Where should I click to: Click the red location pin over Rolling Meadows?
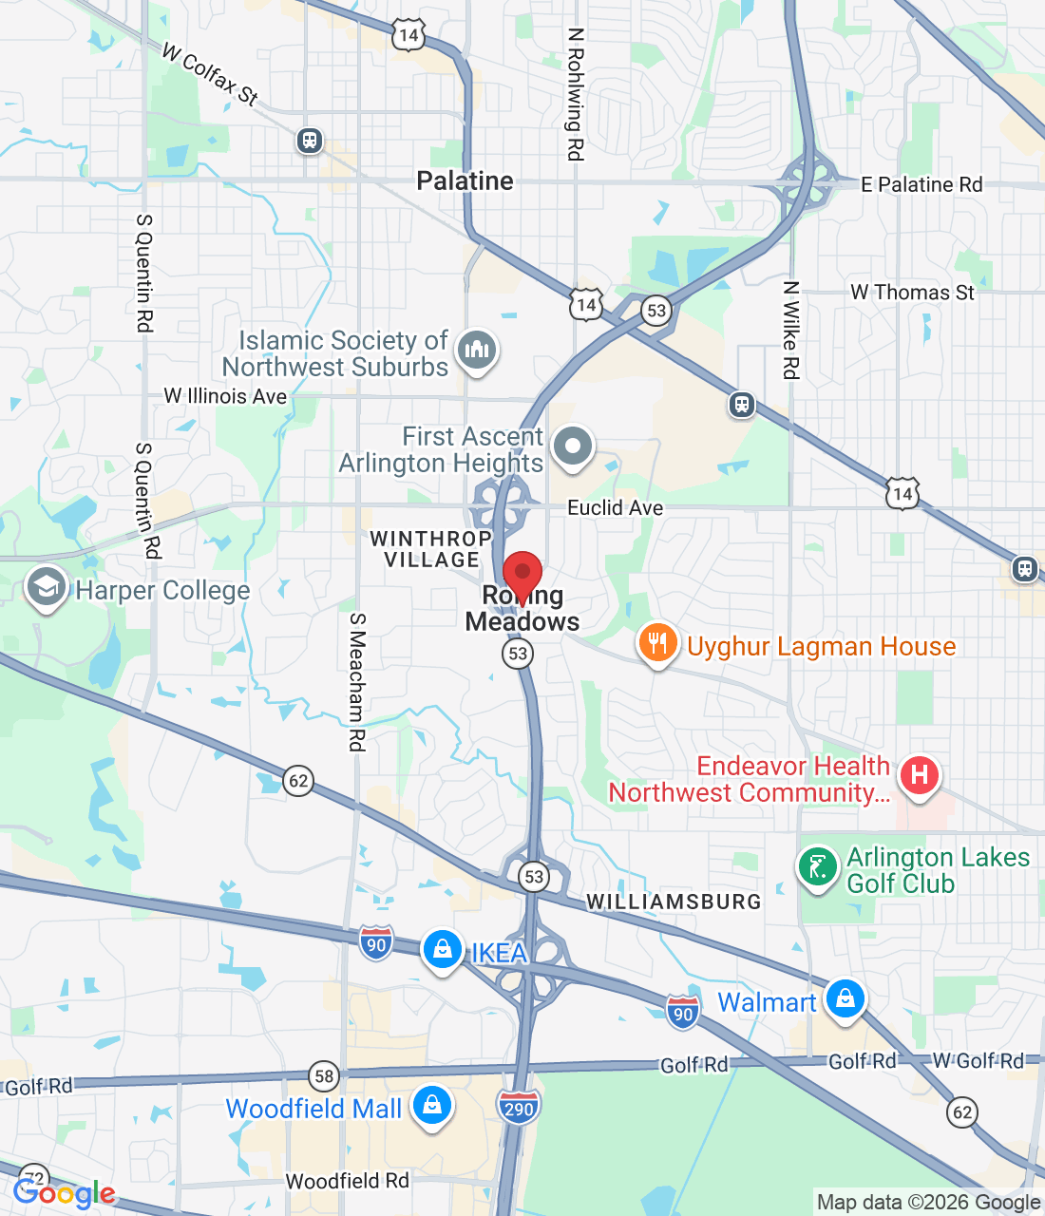tap(522, 576)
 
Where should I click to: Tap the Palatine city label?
tap(465, 180)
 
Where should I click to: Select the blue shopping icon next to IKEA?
tap(442, 949)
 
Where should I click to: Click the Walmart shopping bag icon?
tap(845, 998)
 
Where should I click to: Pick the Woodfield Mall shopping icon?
tap(432, 1106)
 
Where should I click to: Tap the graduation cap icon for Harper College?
tap(46, 588)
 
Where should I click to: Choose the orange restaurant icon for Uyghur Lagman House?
tap(656, 643)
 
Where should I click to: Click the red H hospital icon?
tap(919, 774)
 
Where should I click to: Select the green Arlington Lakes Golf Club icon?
tap(817, 866)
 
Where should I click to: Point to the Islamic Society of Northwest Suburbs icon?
tap(477, 350)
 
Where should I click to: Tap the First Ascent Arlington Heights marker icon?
tap(572, 446)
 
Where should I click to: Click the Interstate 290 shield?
tap(518, 1107)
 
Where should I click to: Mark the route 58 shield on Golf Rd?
tap(325, 1076)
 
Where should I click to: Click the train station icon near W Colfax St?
tap(309, 141)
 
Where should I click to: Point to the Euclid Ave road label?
tap(615, 507)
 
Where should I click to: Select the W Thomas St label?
tap(912, 293)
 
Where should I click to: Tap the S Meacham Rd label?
tap(357, 681)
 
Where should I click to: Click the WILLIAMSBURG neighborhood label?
tap(674, 902)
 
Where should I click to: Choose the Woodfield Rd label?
tap(347, 1181)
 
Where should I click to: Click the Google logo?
tap(65, 1193)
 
